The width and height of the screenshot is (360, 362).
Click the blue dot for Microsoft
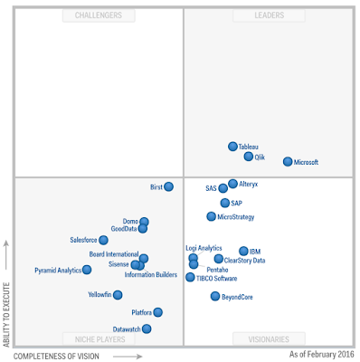(x=288, y=162)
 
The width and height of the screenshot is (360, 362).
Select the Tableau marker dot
(x=232, y=147)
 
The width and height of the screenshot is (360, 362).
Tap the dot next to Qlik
(x=249, y=157)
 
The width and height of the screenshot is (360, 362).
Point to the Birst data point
(x=169, y=186)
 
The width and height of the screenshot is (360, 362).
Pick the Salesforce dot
(x=103, y=240)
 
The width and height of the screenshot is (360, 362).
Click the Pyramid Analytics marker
(x=87, y=270)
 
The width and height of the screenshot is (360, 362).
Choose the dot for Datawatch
(x=147, y=329)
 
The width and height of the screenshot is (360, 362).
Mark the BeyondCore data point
(x=215, y=297)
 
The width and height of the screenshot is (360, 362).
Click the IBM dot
(x=243, y=251)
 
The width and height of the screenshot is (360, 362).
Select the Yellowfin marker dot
(x=118, y=295)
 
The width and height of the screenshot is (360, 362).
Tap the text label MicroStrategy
(x=236, y=217)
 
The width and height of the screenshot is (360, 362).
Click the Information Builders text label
(x=151, y=274)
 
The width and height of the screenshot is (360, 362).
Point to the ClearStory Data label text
(x=244, y=261)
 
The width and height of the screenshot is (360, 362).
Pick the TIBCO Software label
(x=216, y=279)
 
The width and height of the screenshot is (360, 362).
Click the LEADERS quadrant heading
(x=270, y=15)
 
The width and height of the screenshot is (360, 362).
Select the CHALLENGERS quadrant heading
(x=99, y=15)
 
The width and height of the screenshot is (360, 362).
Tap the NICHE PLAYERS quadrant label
(x=100, y=339)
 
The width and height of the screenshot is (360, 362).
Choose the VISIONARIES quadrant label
(x=269, y=339)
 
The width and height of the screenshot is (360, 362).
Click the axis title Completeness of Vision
(x=56, y=357)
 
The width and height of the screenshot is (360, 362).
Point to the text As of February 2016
(x=322, y=354)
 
